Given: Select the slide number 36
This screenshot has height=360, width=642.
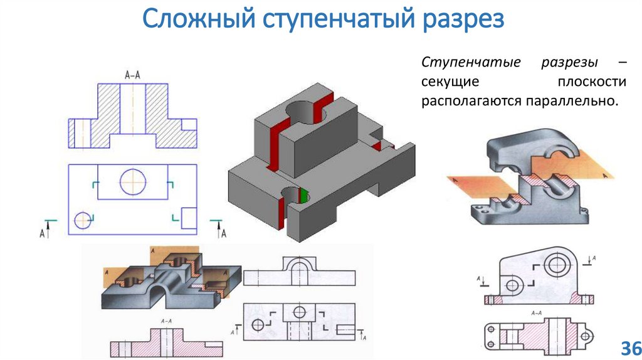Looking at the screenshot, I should coord(628,348).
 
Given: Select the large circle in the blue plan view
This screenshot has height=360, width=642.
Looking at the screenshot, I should coord(132,181).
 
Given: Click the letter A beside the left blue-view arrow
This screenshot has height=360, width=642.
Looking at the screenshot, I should coord(42,233).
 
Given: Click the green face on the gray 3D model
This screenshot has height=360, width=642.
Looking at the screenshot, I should coord(304,196).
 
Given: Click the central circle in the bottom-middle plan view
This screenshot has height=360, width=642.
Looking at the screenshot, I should coord(299,312).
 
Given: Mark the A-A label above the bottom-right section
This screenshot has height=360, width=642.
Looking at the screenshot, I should coord(537,312).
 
